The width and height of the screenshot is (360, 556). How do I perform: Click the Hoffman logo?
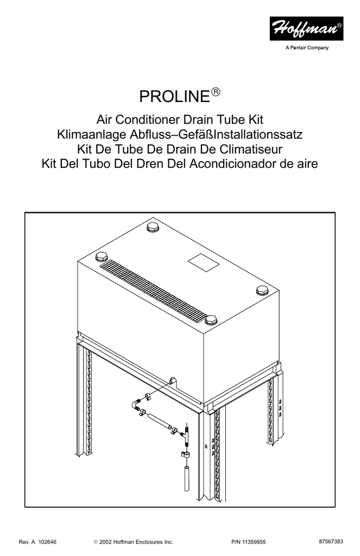pyautogui.click(x=306, y=28)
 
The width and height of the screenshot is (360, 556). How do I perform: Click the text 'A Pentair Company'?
pyautogui.click(x=307, y=48)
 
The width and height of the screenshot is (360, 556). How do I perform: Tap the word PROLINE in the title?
pyautogui.click(x=175, y=97)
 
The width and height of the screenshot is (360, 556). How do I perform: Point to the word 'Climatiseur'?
pyautogui.click(x=251, y=149)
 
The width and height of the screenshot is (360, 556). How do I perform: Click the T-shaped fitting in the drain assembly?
pyautogui.click(x=186, y=435)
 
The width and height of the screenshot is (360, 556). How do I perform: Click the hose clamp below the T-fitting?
pyautogui.click(x=185, y=454)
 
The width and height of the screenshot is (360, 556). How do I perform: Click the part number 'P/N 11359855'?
pyautogui.click(x=248, y=542)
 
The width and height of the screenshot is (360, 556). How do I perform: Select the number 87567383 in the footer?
pyautogui.click(x=331, y=541)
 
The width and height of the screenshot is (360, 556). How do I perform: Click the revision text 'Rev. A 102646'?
pyautogui.click(x=37, y=542)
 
